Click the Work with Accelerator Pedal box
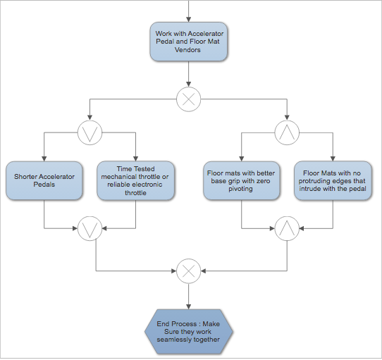[187, 42]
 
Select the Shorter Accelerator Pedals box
[44, 181]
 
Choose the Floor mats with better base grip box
[241, 181]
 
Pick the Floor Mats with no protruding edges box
[332, 181]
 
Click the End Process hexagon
[188, 330]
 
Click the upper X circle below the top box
[187, 99]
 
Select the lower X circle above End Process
[187, 270]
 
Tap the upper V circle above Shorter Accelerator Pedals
[90, 131]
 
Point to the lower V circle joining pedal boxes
[90, 228]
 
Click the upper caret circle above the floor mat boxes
[286, 131]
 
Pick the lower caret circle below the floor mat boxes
[286, 228]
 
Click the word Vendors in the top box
[187, 51]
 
